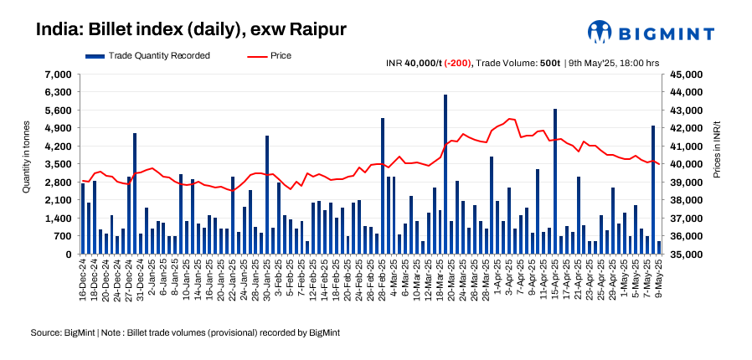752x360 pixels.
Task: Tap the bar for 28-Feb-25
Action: tap(383, 186)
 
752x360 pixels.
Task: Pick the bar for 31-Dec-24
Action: tap(135, 193)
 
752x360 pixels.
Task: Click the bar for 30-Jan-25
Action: tap(267, 195)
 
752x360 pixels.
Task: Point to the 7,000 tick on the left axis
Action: tap(59, 75)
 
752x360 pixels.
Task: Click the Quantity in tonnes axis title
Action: tap(27, 164)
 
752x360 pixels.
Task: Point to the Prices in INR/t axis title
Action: tap(717, 164)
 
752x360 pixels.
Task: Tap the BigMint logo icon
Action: tap(600, 32)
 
